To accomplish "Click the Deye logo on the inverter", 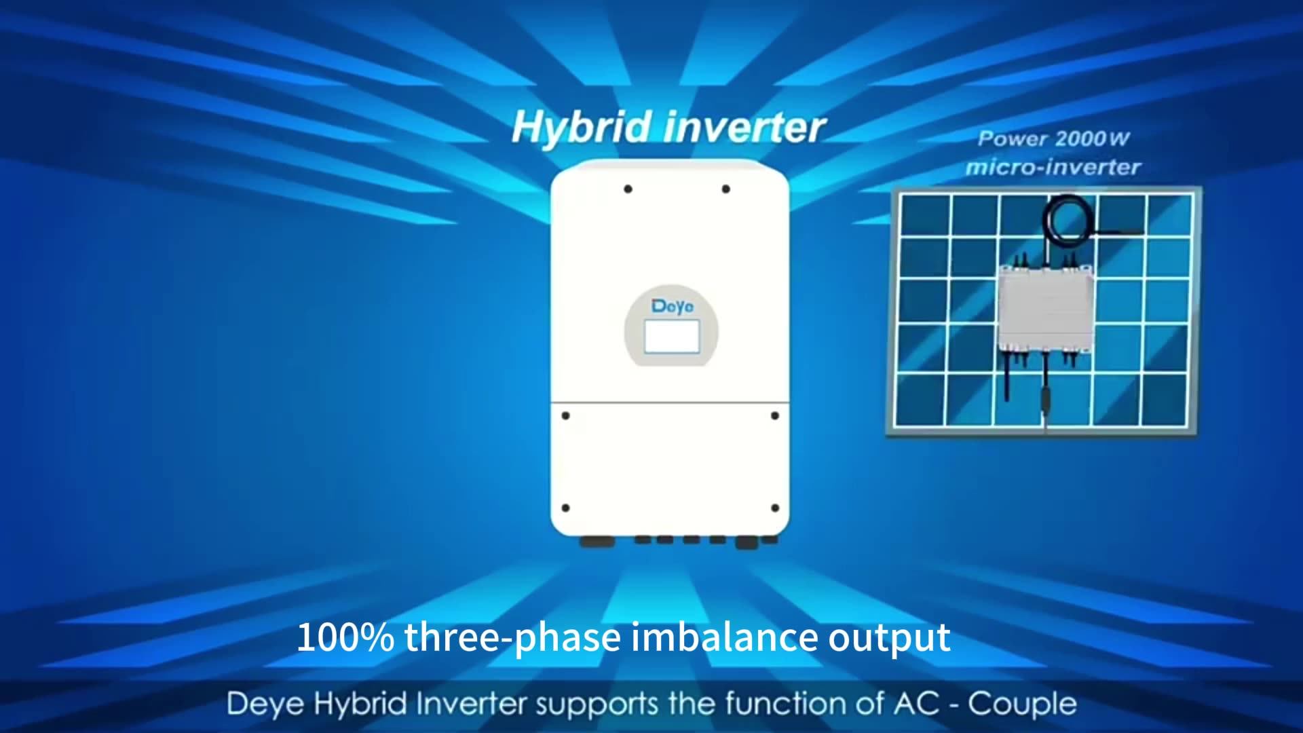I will pyautogui.click(x=672, y=306).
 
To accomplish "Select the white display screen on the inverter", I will pyautogui.click(x=671, y=337).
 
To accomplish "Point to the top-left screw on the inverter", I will pyautogui.click(x=628, y=189).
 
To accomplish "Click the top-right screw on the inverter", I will pyautogui.click(x=725, y=189).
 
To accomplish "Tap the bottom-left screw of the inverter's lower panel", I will pyautogui.click(x=565, y=508).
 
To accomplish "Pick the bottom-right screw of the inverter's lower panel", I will pyautogui.click(x=775, y=508).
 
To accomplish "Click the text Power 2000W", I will pyautogui.click(x=1053, y=139).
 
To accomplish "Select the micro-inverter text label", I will pyautogui.click(x=1053, y=167).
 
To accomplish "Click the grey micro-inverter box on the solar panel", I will pyautogui.click(x=1045, y=309).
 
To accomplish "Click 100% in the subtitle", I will pyautogui.click(x=345, y=638).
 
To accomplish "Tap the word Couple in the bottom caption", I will pyautogui.click(x=1022, y=704).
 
